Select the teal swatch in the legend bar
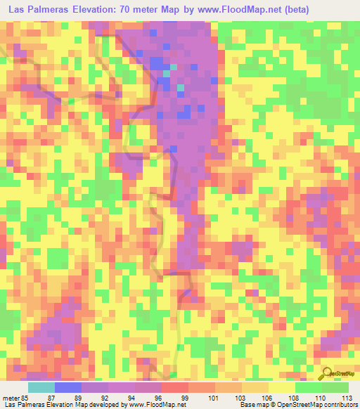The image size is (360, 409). [41, 387]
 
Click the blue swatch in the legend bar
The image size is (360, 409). [68, 387]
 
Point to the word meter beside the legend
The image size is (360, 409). [9, 398]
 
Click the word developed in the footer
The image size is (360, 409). [105, 405]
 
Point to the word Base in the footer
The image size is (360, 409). [247, 405]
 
